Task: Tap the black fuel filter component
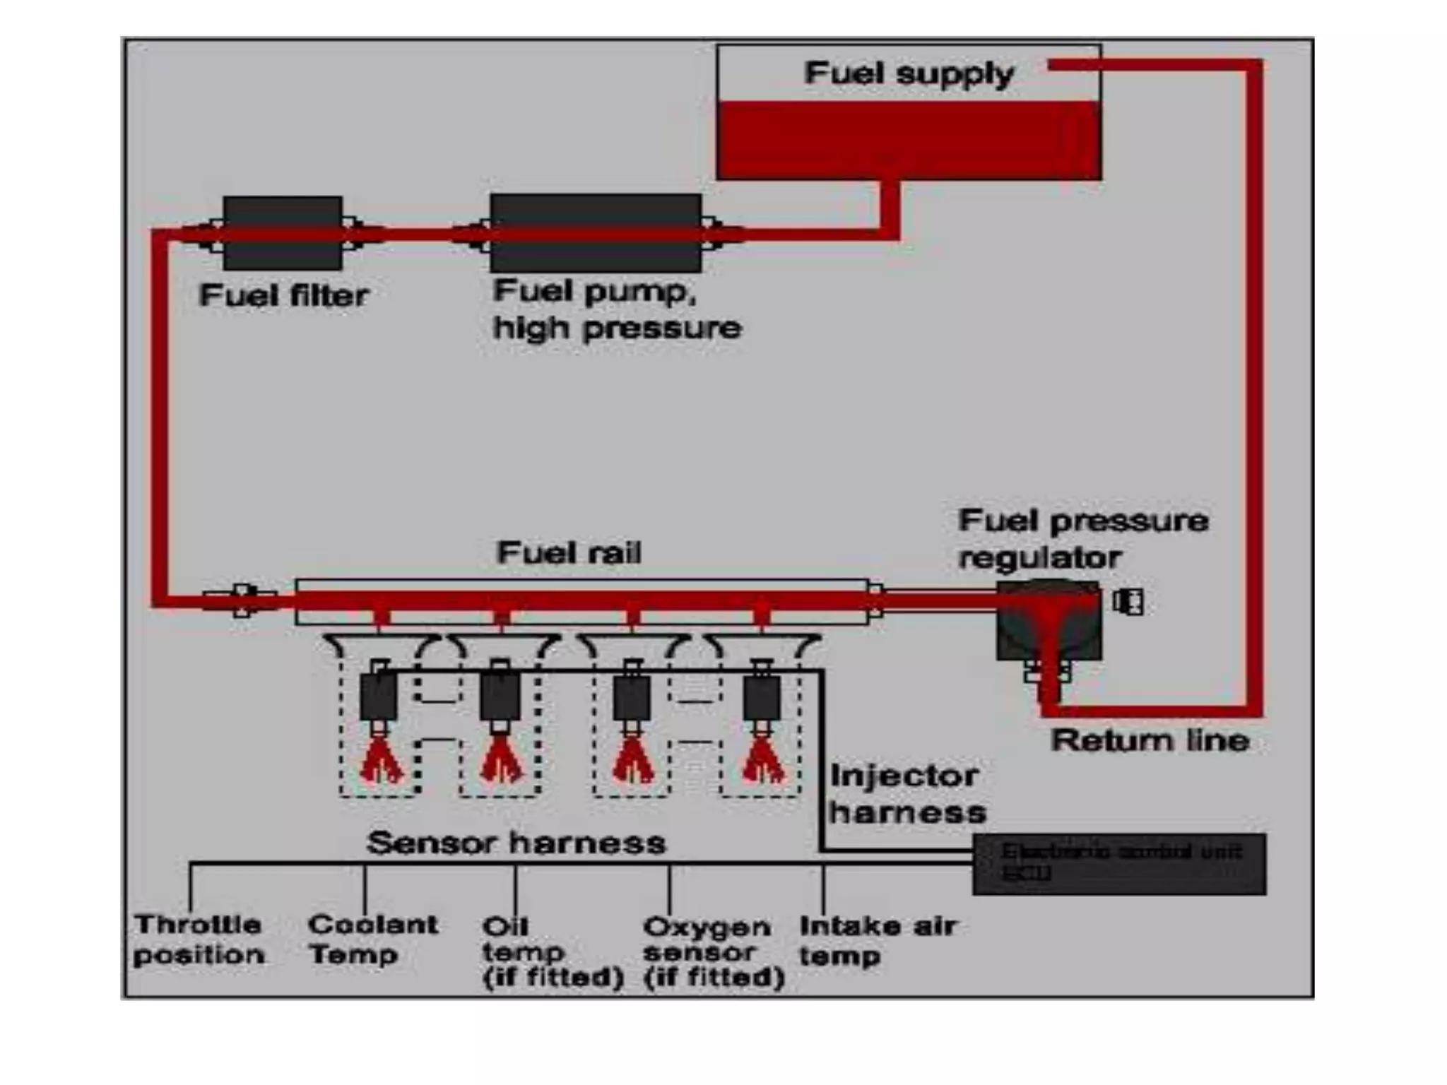283,233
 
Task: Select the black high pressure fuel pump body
596,233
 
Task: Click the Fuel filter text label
283,295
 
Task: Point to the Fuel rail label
569,552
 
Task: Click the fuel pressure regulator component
1049,622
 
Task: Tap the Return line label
1150,741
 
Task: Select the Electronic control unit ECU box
1119,864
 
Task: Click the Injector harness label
907,794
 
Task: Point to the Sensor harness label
516,843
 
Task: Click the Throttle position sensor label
199,939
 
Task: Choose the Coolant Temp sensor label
372,939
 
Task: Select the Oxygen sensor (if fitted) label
714,951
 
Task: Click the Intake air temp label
877,939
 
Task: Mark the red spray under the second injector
502,763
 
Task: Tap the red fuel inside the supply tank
909,139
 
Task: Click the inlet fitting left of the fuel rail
242,600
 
